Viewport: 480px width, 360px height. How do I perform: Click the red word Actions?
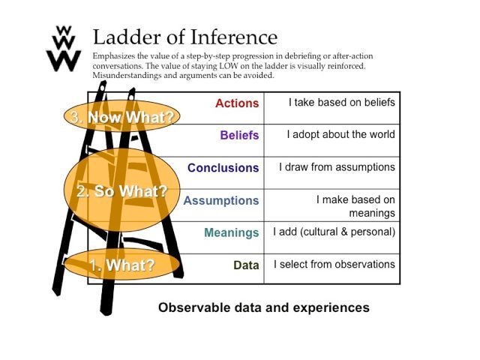tap(237, 103)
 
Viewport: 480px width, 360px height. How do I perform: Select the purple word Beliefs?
tap(239, 136)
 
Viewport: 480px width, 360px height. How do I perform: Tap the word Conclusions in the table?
tap(223, 168)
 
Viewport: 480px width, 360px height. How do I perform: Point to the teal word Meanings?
tap(231, 232)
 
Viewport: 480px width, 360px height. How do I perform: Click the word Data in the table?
tap(246, 265)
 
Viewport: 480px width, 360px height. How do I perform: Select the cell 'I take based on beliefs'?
tap(341, 102)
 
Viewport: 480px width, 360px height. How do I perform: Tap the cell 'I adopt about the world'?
tap(340, 135)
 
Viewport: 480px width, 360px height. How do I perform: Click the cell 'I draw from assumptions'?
tap(337, 167)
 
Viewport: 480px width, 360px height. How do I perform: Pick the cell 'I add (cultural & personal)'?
tap(334, 232)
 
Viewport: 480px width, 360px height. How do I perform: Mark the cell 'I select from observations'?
tap(334, 264)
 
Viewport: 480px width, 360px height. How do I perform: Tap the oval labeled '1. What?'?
tap(121, 265)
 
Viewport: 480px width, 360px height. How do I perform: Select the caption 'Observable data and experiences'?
tap(263, 307)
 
